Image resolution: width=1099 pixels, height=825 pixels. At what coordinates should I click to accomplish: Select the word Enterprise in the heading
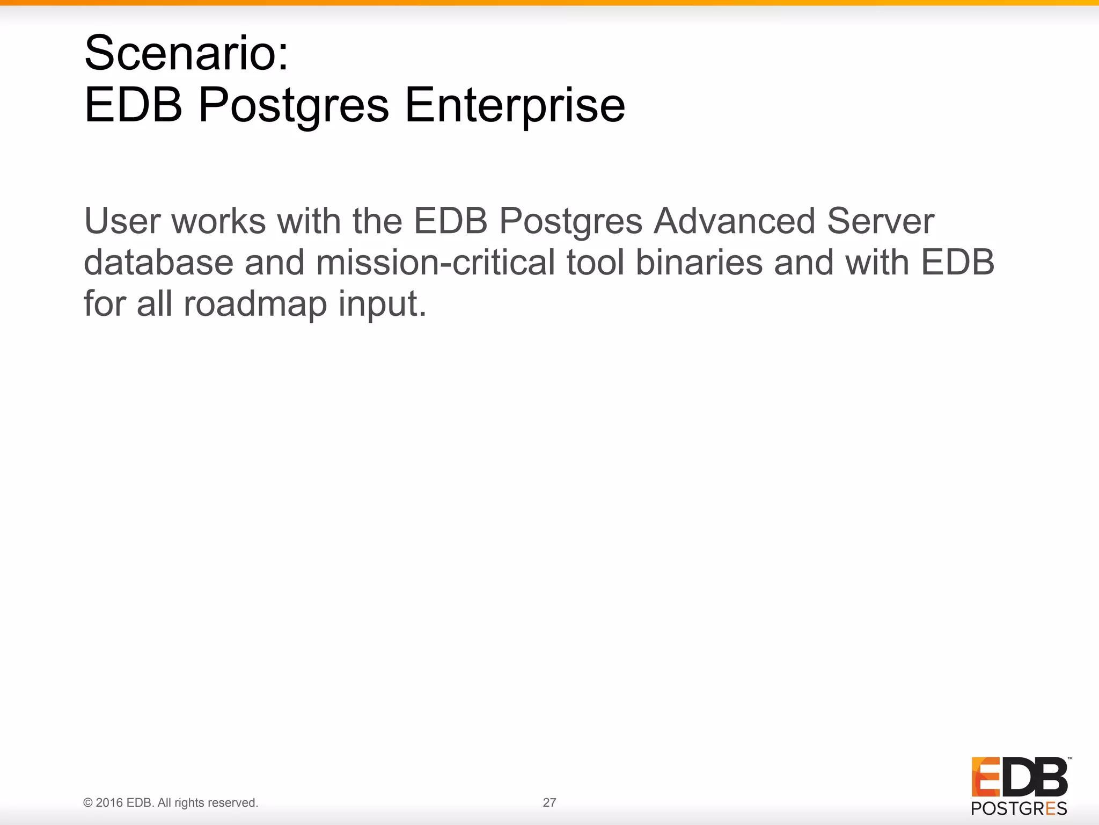click(515, 105)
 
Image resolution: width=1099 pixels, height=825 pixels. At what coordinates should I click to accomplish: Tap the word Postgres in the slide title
click(294, 106)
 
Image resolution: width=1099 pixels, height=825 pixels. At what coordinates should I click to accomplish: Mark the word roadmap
click(255, 304)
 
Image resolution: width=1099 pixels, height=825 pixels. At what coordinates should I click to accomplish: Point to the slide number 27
click(549, 802)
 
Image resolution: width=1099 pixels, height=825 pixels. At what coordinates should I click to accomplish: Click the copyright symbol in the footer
click(88, 803)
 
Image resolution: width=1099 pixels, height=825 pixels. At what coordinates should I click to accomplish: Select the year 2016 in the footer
click(109, 802)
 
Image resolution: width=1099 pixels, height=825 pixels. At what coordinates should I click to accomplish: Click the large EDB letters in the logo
click(1019, 777)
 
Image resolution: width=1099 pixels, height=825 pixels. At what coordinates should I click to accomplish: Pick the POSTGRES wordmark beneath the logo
click(1019, 808)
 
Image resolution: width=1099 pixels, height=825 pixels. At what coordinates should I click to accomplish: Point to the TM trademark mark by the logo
click(1069, 759)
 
